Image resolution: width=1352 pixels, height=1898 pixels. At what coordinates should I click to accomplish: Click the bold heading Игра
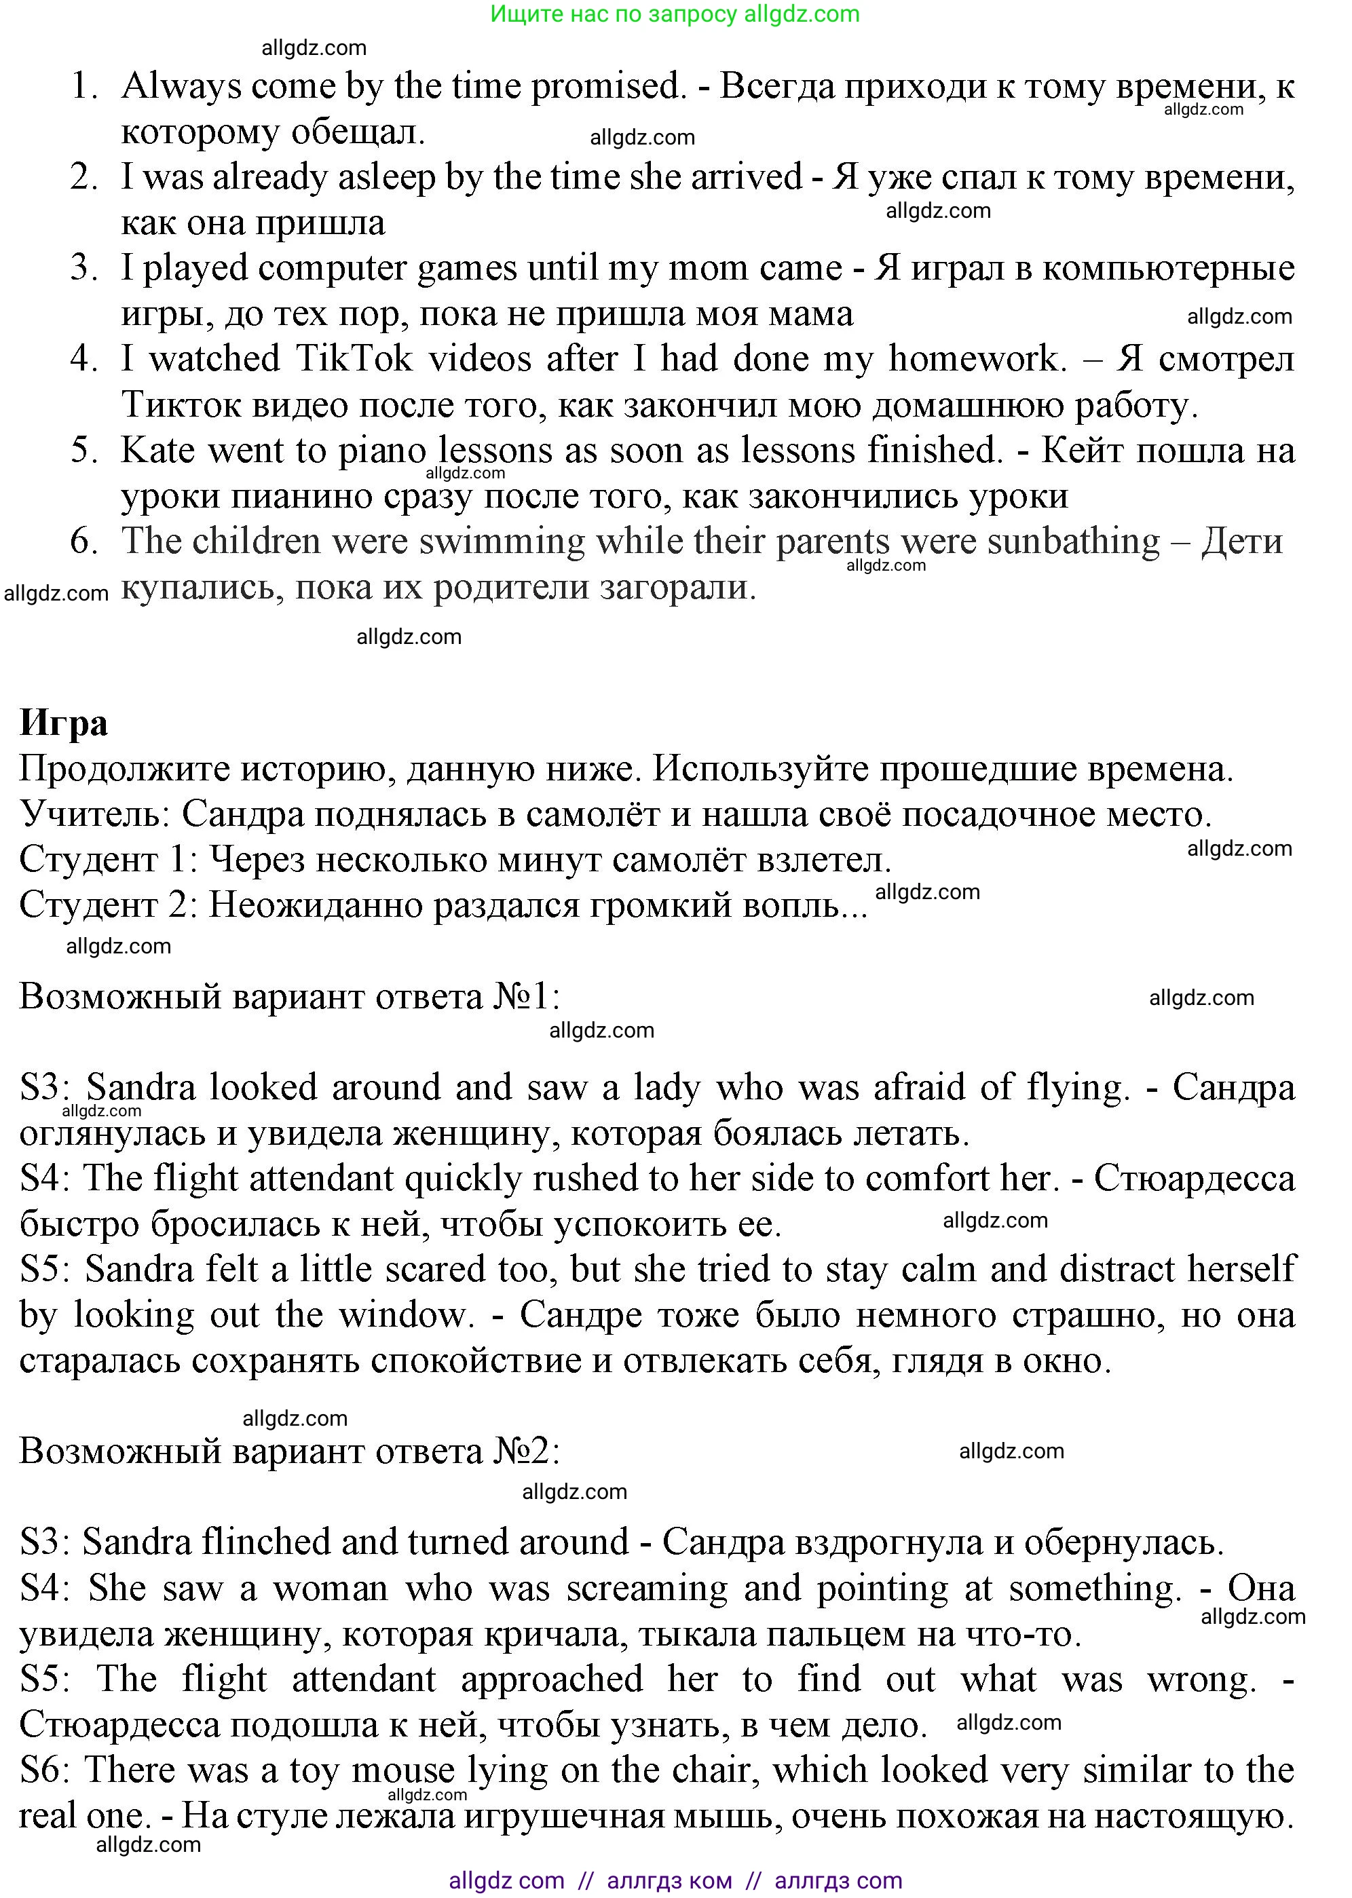tap(63, 723)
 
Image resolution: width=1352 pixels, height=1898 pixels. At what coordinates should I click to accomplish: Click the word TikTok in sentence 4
tap(354, 359)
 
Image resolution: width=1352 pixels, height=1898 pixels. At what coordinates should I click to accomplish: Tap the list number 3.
tap(83, 268)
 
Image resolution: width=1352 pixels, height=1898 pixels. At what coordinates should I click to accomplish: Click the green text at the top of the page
tap(675, 14)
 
